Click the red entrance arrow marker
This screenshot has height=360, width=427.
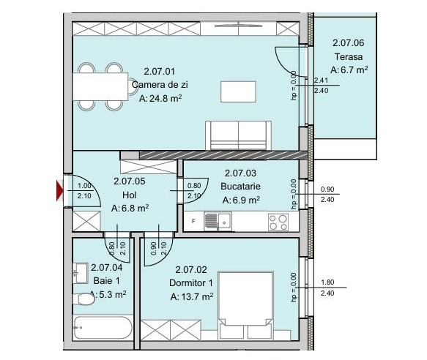coord(59,190)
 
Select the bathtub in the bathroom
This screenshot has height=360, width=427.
coord(103,327)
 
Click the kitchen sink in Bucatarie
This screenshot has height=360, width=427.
coord(218,221)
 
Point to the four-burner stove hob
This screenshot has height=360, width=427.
coord(278,222)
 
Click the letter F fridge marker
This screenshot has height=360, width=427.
coord(193,221)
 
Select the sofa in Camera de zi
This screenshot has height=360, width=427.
coord(238,135)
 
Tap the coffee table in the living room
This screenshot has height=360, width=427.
coord(238,91)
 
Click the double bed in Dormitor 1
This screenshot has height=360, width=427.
coord(245,305)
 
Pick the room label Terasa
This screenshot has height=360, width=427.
coord(349,57)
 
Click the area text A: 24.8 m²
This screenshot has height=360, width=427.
coord(160,98)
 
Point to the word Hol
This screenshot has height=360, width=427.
coord(130,195)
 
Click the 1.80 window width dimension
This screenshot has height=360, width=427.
coord(327,282)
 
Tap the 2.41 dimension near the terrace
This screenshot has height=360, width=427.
coord(322,80)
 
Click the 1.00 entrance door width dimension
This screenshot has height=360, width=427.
coord(84,186)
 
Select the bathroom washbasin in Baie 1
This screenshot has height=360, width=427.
coord(81,273)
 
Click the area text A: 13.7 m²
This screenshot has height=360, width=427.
coord(192,296)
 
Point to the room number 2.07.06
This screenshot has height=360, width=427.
coord(349,43)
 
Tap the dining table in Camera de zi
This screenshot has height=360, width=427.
coord(100,86)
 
